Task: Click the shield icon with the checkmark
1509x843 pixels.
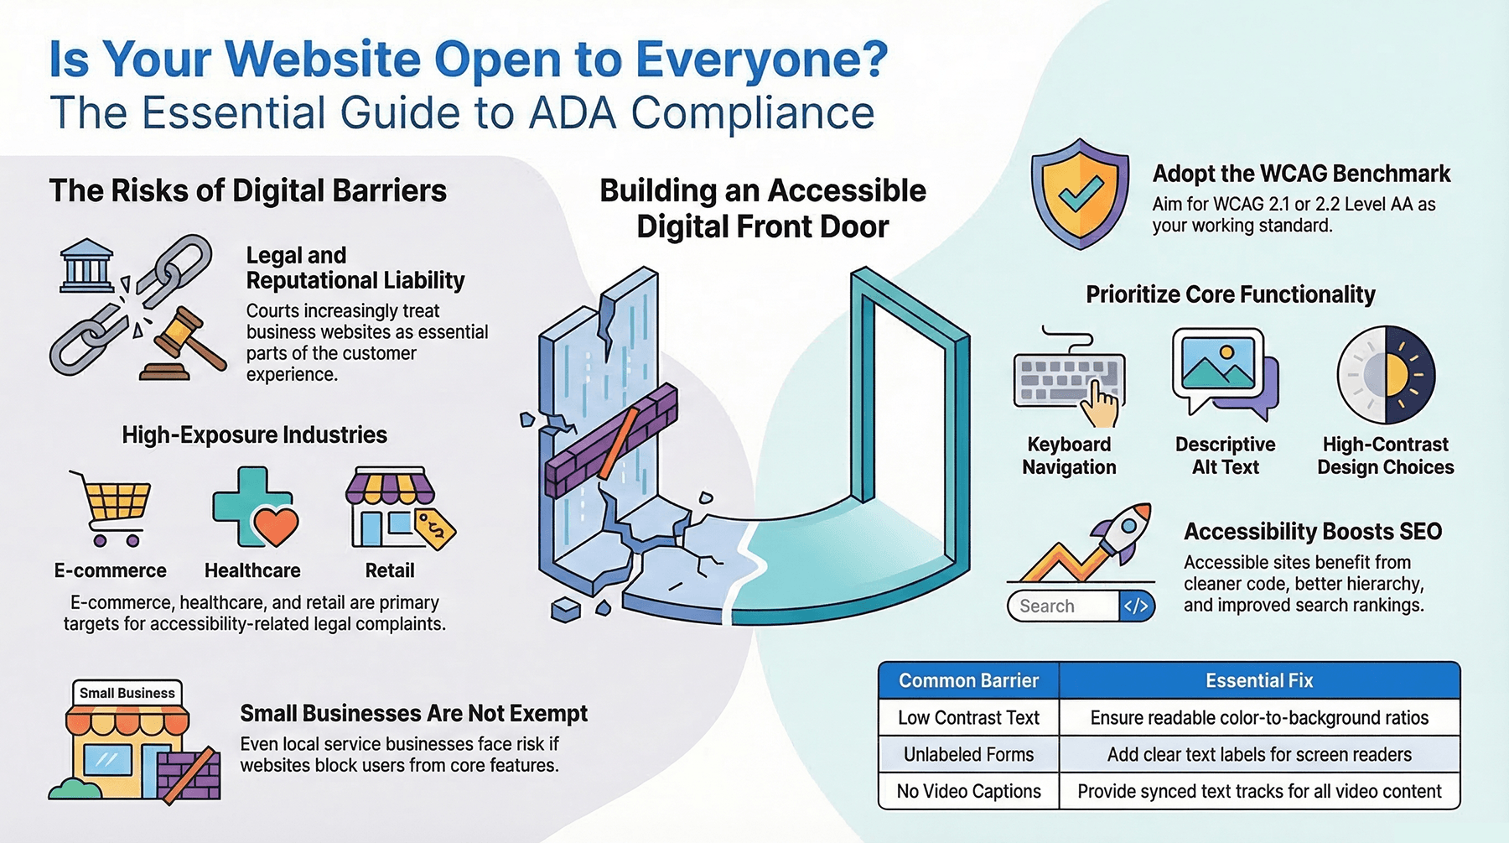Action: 1080,194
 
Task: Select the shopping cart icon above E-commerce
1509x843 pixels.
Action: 114,508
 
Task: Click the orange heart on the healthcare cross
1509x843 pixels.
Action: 276,527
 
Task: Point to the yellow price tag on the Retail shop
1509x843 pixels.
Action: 435,529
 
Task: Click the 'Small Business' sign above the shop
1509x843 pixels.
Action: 127,693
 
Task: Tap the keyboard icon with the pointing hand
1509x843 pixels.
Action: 1069,377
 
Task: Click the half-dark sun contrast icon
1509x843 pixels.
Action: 1386,374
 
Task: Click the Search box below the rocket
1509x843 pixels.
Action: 1063,606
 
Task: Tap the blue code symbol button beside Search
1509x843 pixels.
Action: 1137,606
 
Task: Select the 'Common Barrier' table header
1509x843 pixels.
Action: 969,680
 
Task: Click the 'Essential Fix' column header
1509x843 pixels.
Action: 1259,680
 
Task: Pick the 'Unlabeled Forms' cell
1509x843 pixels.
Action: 969,754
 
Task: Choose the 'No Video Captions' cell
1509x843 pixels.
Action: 969,791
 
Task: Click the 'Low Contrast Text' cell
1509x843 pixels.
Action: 969,717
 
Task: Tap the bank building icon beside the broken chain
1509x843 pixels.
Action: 87,266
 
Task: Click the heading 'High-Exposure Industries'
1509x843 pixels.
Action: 254,435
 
